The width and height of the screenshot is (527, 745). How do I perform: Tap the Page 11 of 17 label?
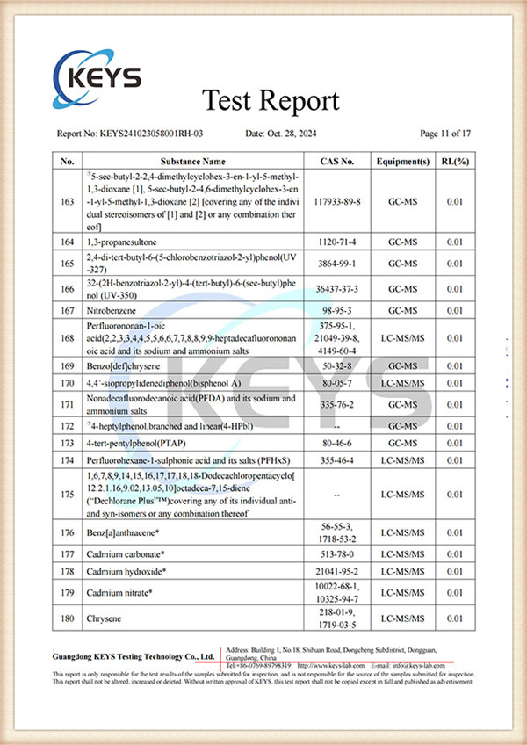tap(445, 134)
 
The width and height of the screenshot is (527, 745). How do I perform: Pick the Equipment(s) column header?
tap(402, 162)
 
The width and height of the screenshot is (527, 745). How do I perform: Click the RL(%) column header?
tap(454, 162)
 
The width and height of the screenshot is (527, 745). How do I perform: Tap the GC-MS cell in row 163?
tap(402, 201)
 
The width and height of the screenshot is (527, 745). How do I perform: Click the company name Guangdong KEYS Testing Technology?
tap(134, 656)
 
